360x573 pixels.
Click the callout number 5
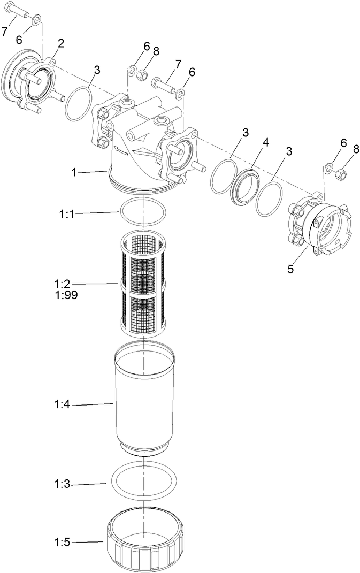(x=290, y=269)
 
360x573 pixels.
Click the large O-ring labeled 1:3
(x=143, y=479)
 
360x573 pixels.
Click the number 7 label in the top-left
(x=5, y=32)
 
